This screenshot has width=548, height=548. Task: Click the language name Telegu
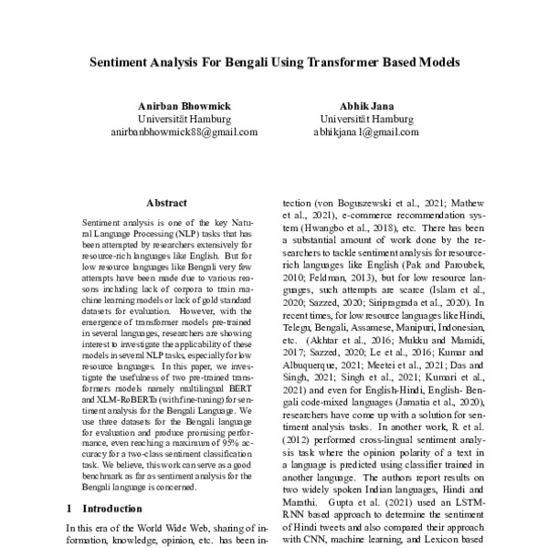coord(301,323)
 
